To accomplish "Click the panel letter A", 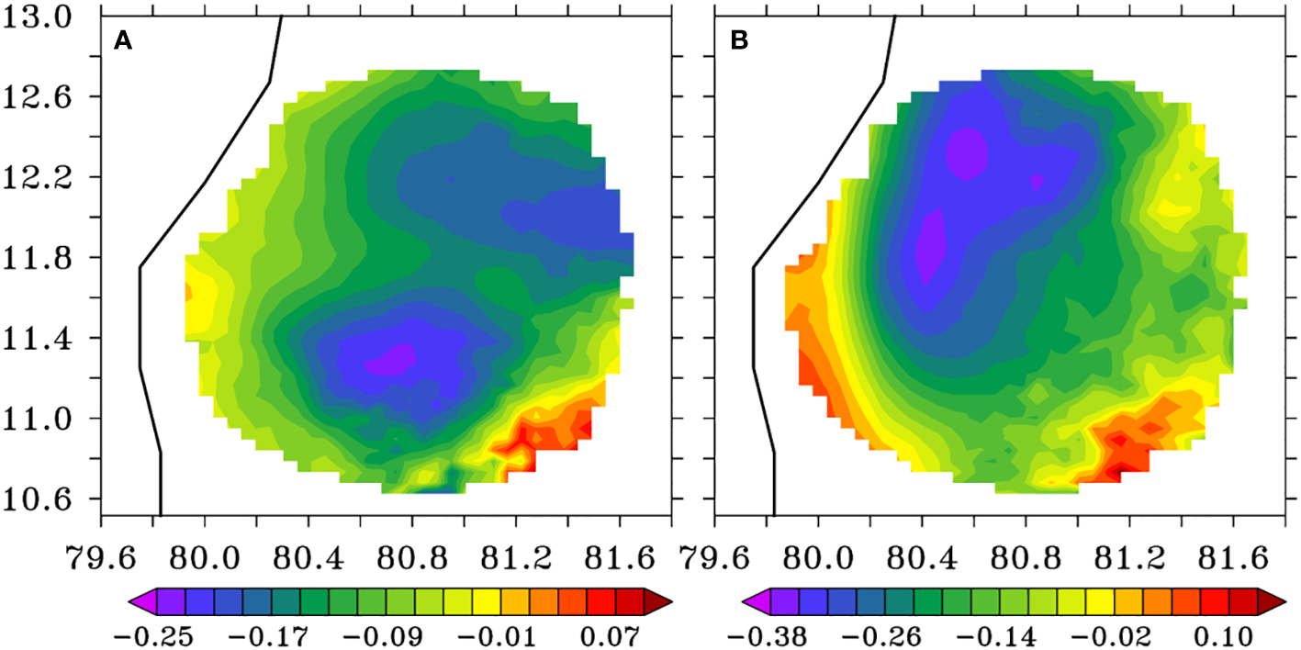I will pos(123,40).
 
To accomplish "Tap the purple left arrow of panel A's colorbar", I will pos(140,601).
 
